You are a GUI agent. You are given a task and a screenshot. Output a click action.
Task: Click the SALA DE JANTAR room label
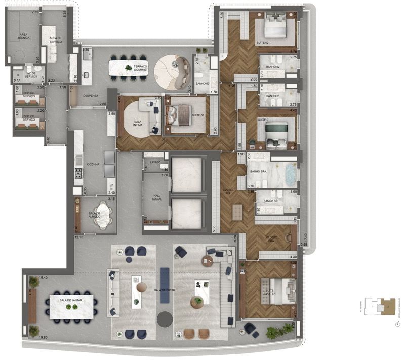[70, 300]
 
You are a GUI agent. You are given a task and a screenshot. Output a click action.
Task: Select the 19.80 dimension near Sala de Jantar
[33, 344]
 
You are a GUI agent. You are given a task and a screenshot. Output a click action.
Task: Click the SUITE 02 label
[263, 43]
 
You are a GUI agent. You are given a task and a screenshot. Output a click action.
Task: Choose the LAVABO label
[155, 162]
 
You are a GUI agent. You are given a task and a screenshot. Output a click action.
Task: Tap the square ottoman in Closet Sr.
[238, 213]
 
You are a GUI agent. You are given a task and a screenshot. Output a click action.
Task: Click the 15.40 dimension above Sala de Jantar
[43, 278]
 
